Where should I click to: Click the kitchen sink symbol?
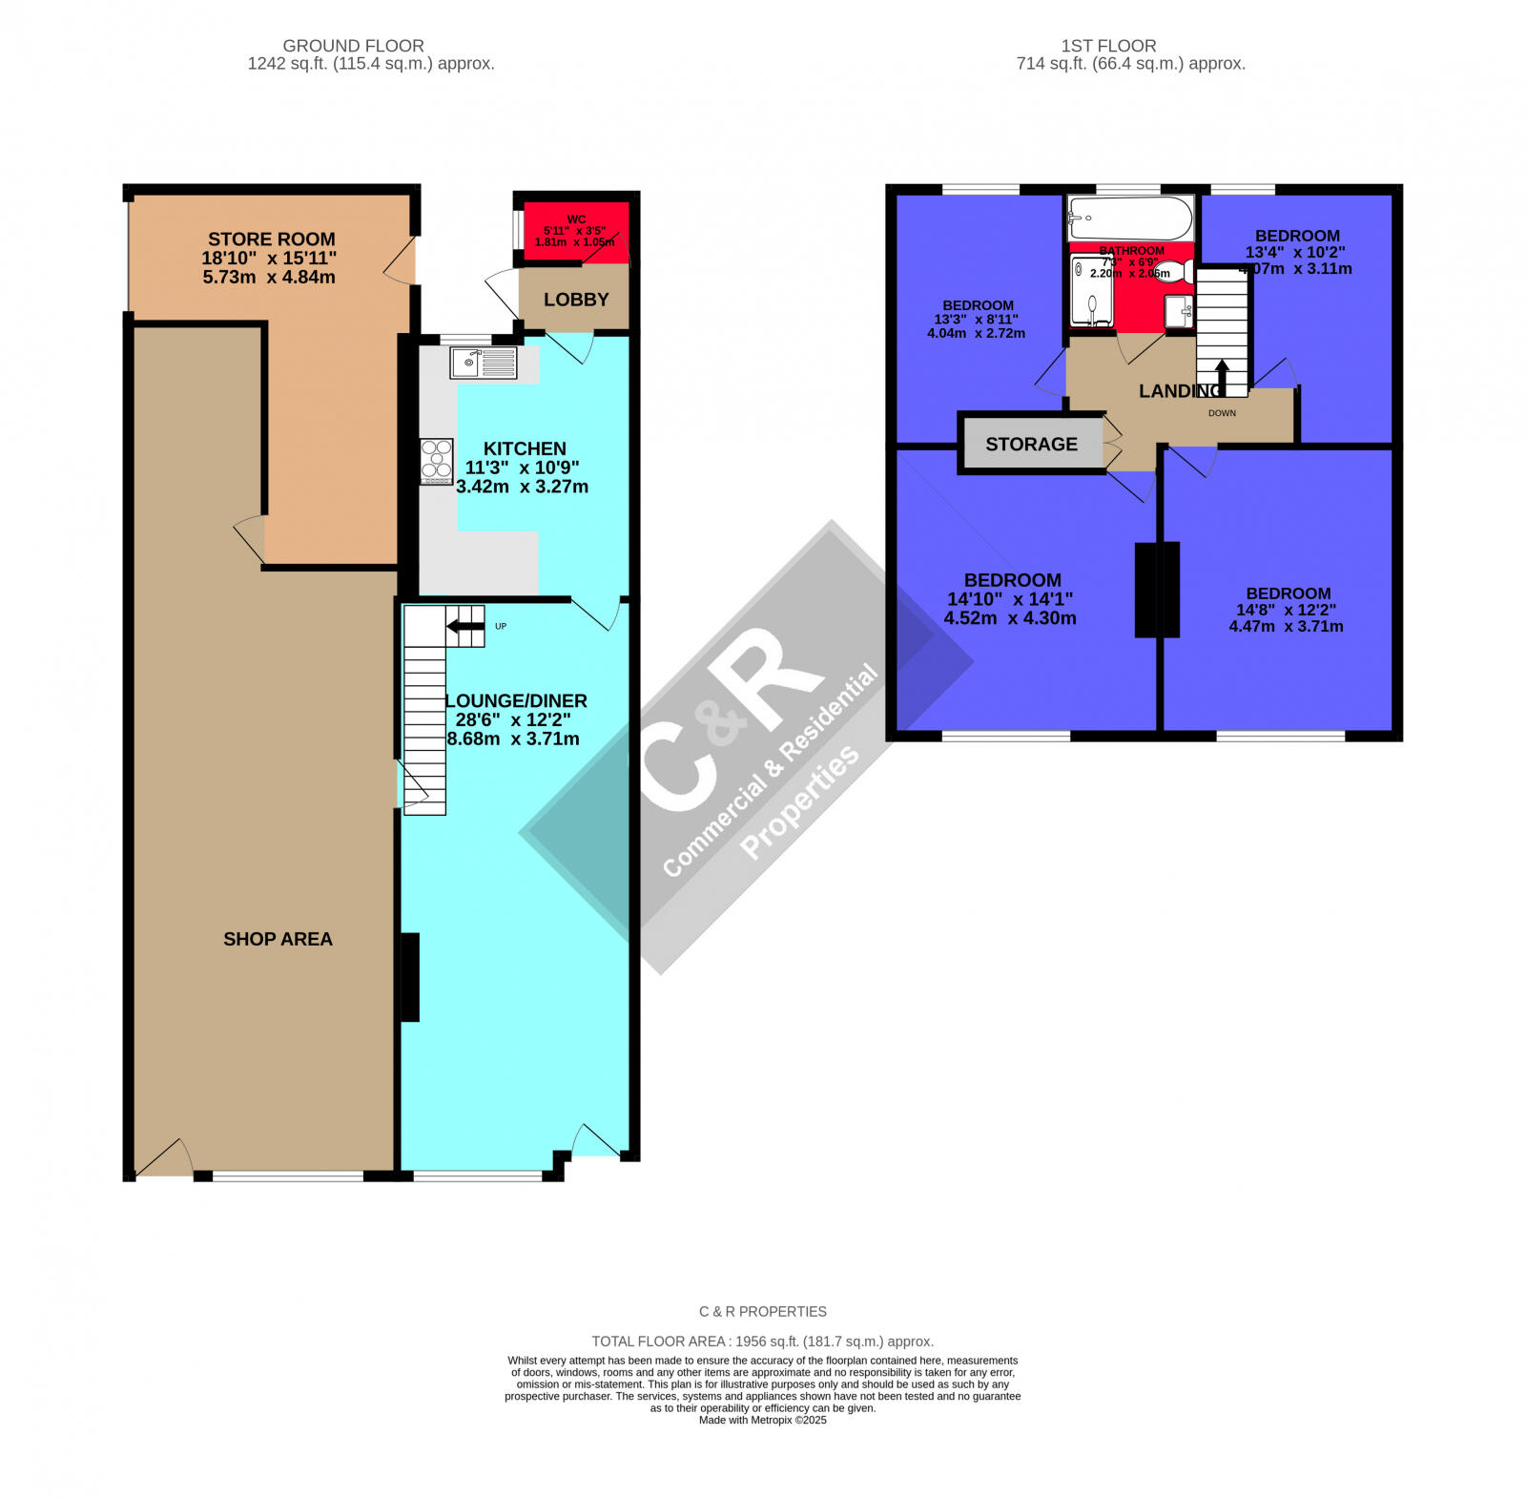[484, 363]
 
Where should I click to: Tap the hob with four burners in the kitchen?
[437, 461]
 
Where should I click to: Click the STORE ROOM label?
[272, 239]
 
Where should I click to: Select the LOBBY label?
[576, 300]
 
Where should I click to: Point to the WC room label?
[576, 219]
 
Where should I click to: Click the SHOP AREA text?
[278, 939]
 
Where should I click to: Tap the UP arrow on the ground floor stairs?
[465, 626]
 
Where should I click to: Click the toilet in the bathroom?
[1173, 272]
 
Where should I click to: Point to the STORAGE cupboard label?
[1031, 445]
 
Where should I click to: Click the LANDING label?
[1180, 391]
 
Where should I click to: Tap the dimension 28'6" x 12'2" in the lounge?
[516, 719]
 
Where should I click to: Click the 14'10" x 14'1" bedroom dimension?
[1010, 599]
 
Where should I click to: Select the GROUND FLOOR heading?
[353, 46]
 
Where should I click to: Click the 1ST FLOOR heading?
[1108, 46]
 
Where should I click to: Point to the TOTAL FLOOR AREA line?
[762, 1341]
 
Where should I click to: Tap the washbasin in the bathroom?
[1179, 310]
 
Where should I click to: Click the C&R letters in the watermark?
[725, 725]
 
